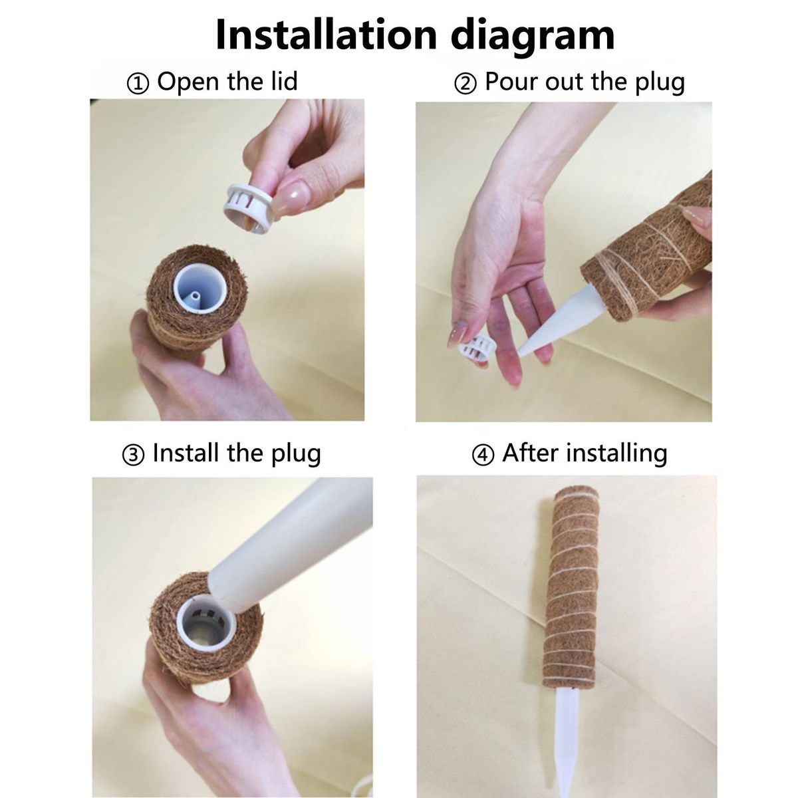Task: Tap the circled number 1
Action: coord(138,84)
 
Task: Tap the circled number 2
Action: coord(465,84)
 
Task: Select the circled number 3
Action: coord(134,456)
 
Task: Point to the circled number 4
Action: coord(483,456)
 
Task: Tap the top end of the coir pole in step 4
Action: coord(576,493)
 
